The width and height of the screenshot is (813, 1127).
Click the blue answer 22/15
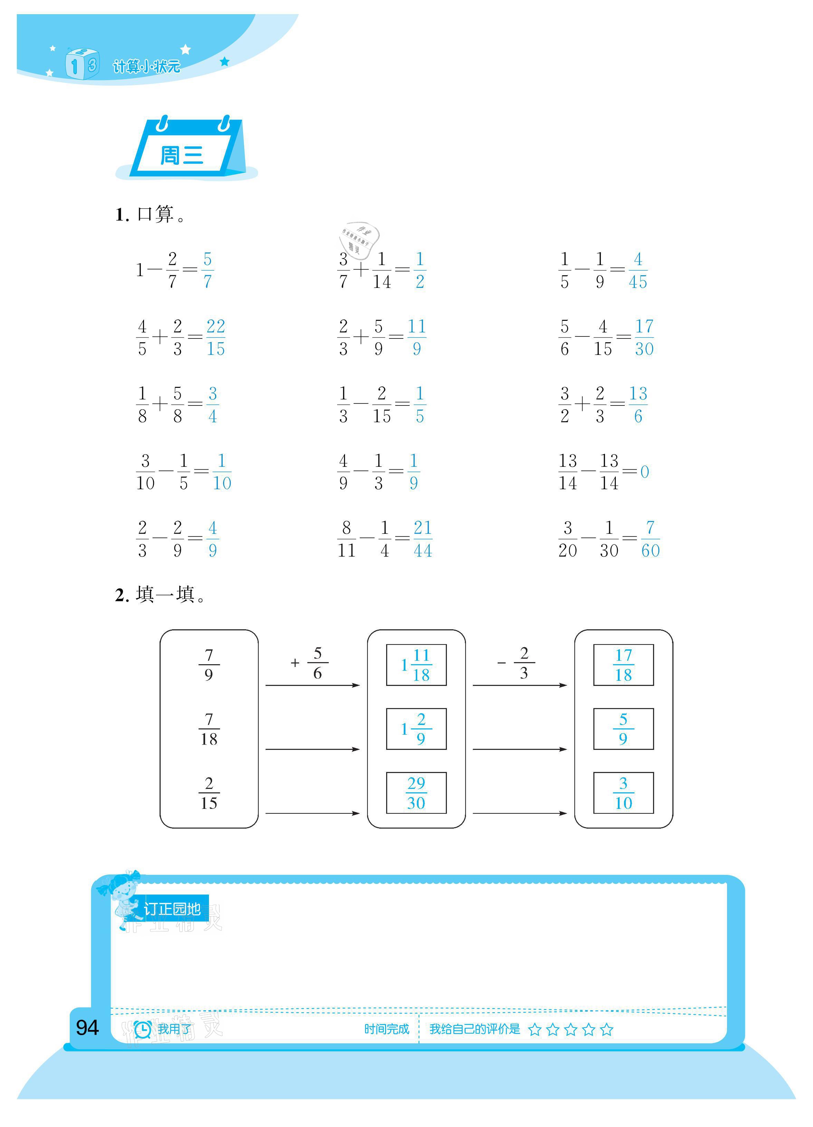click(216, 337)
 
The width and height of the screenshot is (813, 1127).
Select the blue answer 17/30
click(644, 337)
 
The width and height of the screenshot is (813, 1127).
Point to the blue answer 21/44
click(422, 539)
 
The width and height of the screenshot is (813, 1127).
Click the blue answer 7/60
click(650, 539)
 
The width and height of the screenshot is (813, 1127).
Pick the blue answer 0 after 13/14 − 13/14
click(644, 471)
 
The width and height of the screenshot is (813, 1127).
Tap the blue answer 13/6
click(638, 404)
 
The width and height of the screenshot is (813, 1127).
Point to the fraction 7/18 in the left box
click(209, 729)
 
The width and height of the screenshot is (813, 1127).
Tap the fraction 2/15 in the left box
click(209, 793)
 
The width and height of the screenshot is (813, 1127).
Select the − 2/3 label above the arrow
click(517, 662)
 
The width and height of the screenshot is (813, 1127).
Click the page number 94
click(87, 1028)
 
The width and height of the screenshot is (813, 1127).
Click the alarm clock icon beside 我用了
click(143, 1029)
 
